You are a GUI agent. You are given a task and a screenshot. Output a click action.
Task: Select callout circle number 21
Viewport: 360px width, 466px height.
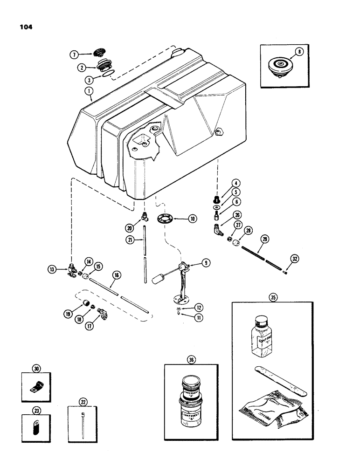point(130,240)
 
